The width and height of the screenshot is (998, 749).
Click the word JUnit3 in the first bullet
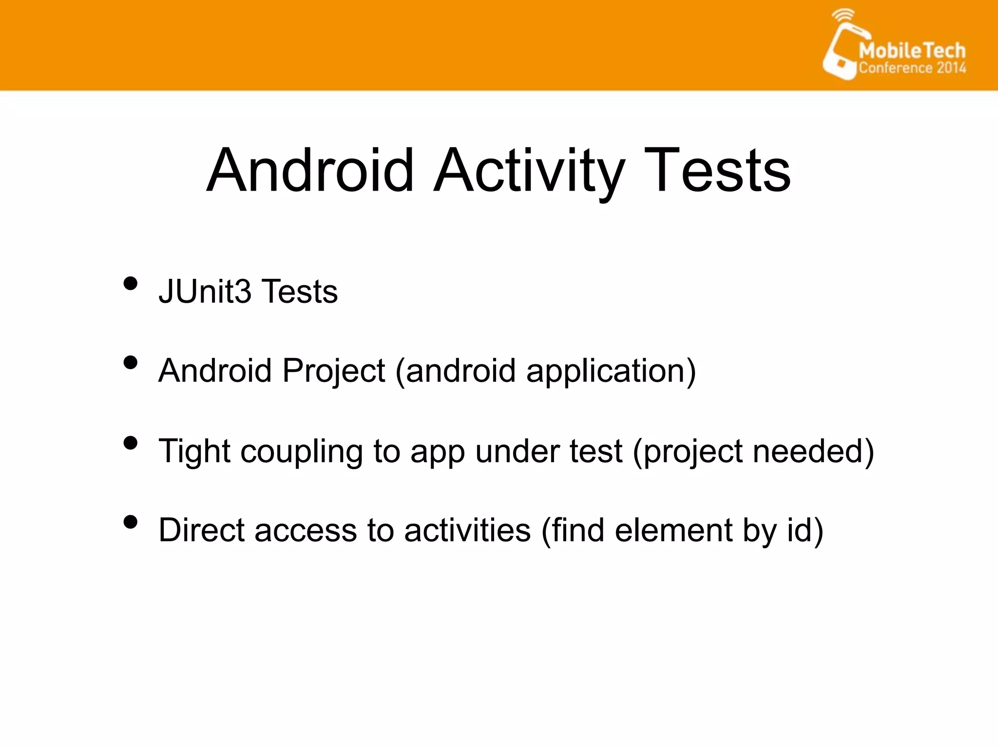(205, 292)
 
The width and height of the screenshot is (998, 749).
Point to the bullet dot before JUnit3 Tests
(130, 283)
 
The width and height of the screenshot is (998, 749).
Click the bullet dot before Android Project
(130, 363)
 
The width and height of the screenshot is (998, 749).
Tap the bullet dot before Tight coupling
(130, 443)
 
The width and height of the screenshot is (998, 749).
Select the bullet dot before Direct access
(130, 522)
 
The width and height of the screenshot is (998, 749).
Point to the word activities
(467, 531)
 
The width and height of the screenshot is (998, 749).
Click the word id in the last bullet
(799, 531)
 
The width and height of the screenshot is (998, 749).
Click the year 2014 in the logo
(951, 68)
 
